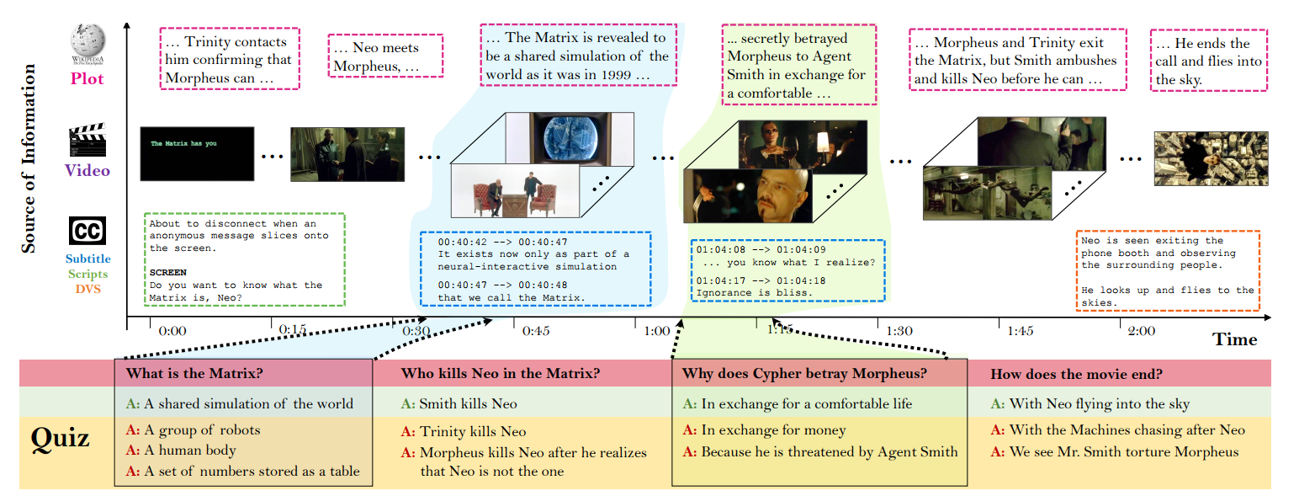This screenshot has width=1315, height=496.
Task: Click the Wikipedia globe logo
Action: click(87, 40)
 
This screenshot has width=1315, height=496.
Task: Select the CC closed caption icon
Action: click(87, 231)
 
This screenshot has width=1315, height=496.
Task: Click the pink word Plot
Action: click(87, 78)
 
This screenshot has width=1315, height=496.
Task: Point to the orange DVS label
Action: click(87, 289)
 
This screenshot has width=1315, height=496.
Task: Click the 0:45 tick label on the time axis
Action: click(536, 331)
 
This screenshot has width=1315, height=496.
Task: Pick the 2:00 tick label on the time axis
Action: click(1141, 331)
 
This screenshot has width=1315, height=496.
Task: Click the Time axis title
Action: click(1234, 339)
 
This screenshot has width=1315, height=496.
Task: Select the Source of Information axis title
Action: click(29, 158)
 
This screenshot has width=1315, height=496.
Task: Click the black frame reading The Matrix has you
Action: click(197, 152)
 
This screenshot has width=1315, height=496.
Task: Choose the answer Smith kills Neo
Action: click(468, 404)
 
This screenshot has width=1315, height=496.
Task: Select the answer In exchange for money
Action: click(773, 430)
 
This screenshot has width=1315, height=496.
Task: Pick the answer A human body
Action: click(190, 451)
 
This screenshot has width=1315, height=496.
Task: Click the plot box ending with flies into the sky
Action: click(1207, 61)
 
